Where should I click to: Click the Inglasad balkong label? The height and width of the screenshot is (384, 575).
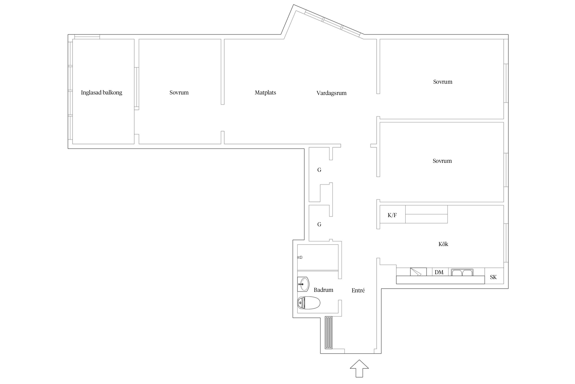(x=101, y=93)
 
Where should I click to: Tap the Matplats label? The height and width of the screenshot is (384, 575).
(x=265, y=93)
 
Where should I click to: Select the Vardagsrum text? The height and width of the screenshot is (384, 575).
(x=331, y=93)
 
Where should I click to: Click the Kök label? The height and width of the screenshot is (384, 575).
(x=443, y=244)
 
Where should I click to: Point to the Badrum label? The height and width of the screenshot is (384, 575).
(x=323, y=290)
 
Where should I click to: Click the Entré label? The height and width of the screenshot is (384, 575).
(x=358, y=290)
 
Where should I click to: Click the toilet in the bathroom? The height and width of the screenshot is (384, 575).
(x=309, y=303)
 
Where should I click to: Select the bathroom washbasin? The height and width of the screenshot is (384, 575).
(x=303, y=284)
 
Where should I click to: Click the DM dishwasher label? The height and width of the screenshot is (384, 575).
(x=439, y=272)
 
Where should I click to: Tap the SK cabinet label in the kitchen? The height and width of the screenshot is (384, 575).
(x=493, y=277)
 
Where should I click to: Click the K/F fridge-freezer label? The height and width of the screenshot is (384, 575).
(x=392, y=215)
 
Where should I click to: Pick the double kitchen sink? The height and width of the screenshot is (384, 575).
(x=462, y=272)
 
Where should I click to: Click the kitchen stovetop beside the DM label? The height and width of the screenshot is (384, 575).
(x=418, y=272)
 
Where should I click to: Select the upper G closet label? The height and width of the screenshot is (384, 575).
(x=319, y=170)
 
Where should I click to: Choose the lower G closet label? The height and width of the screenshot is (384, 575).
(x=319, y=225)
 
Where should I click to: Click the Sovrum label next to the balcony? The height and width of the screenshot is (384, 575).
(x=179, y=93)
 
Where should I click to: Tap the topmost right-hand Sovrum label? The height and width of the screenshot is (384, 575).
(x=443, y=82)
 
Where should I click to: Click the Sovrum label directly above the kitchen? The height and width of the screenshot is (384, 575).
(x=442, y=161)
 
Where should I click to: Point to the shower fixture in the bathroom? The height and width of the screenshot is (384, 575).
(x=300, y=257)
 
